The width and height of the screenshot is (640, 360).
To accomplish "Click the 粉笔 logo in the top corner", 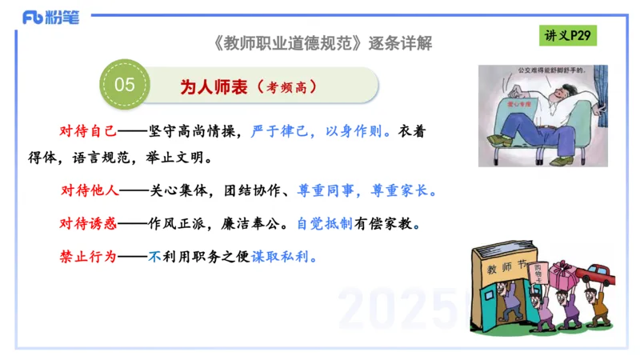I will [x=50, y=16].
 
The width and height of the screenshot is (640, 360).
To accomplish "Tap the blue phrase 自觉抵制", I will [x=325, y=224].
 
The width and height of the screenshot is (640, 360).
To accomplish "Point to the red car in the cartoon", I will [x=600, y=274].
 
